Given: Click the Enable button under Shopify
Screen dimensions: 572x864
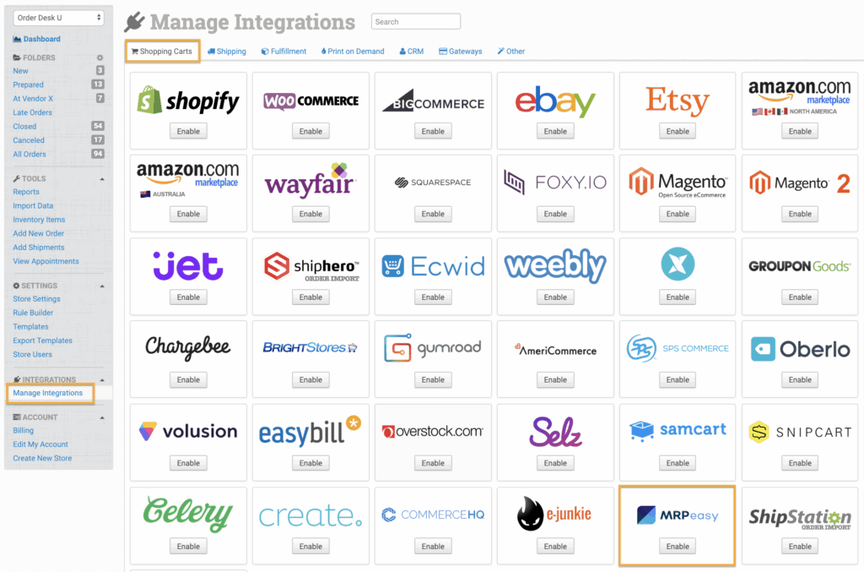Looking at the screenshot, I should point(188,131).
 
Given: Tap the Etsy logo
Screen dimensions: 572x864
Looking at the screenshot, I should point(678,101).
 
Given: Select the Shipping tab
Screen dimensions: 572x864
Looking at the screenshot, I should point(227,52).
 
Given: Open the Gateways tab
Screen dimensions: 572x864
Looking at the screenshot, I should point(461,52).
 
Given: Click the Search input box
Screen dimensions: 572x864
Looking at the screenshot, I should point(416,22).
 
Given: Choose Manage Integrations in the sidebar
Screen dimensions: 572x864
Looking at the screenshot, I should point(48,393).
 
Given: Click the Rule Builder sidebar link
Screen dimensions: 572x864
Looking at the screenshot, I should point(33,313).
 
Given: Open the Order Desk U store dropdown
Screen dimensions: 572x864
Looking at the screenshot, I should point(59,18).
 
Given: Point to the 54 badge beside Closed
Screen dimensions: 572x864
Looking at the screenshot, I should point(98,126).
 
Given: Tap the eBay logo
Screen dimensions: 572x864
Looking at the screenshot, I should point(555,101).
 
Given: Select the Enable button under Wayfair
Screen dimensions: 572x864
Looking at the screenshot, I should point(310,214).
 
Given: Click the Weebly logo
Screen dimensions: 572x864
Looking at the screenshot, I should point(555,266).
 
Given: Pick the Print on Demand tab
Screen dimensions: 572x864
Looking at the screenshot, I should point(352,52).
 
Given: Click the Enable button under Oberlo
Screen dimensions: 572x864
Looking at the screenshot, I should point(800,380).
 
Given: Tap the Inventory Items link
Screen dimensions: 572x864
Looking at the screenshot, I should point(39,220).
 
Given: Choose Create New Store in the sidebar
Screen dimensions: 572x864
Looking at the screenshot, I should point(42,458).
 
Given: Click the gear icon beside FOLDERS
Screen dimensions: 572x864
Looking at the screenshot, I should point(100,57).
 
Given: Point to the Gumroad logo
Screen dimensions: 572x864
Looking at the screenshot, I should point(433,348).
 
